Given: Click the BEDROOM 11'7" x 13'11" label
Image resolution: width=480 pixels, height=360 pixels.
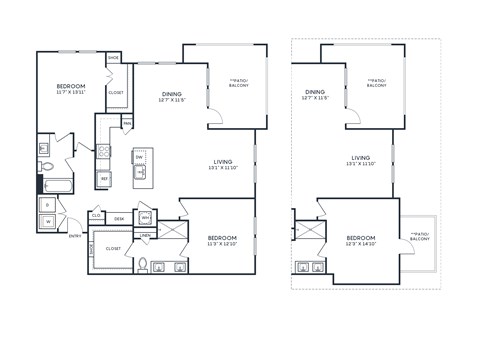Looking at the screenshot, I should click(71, 90).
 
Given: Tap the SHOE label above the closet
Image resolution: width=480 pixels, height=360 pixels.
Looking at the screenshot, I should click(113, 58).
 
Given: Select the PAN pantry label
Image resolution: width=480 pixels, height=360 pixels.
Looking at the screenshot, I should click(127, 123).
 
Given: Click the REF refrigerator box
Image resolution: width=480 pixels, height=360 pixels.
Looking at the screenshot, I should click(102, 178).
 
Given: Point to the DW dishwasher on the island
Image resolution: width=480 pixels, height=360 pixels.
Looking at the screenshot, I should click(140, 157).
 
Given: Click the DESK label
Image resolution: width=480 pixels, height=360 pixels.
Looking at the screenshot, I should click(119, 217).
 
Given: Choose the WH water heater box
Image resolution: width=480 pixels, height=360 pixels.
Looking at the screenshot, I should click(145, 217).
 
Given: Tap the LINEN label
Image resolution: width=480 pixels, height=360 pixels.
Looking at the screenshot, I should click(144, 236).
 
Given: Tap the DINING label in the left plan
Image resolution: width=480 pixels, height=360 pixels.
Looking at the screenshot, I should click(172, 96).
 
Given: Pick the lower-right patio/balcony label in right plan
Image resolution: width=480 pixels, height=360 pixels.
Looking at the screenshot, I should click(421, 238).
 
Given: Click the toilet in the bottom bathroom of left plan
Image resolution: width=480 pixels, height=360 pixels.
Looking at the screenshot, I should click(143, 264).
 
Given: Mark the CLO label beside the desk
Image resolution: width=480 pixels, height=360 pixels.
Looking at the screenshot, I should click(97, 215).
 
